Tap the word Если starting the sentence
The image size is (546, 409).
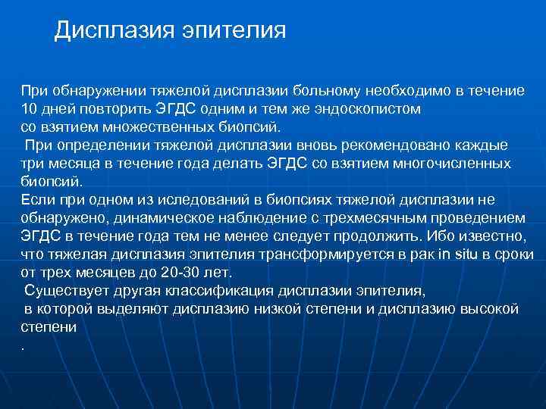(x=35, y=198)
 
